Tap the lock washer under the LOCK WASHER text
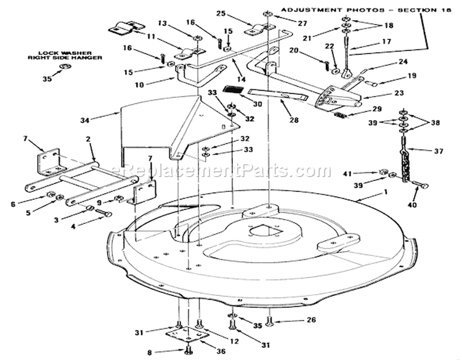(64, 67)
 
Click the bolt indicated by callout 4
(104, 212)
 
